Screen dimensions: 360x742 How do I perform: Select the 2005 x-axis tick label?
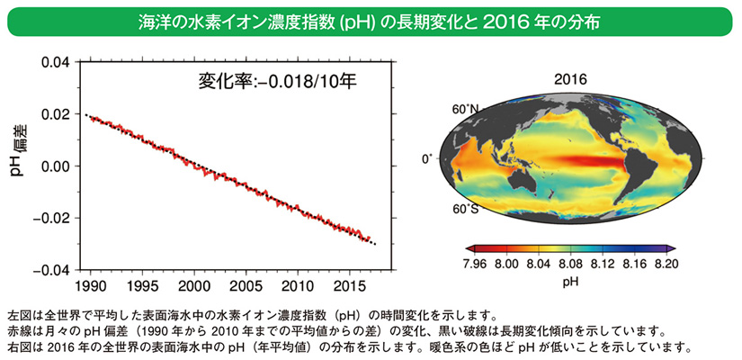pyautogui.click(x=245, y=286)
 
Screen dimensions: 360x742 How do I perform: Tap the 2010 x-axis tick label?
pyautogui.click(x=297, y=286)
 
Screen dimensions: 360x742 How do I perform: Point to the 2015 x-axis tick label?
pyautogui.click(x=349, y=286)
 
